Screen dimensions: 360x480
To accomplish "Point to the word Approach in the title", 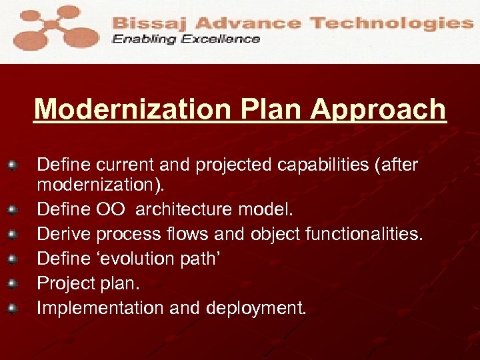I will pos(377,109).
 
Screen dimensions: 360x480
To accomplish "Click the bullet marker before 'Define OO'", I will pos(11,210).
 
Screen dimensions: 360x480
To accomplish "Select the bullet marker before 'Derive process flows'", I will pos(11,235).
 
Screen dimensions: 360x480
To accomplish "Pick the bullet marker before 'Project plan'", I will pos(11,283).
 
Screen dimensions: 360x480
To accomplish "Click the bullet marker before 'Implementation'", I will pos(11,308).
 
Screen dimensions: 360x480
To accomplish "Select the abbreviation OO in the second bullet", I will pos(111,210).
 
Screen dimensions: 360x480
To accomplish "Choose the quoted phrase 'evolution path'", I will pos(153,259).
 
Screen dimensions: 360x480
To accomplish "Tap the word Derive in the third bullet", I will pos(64,235).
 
